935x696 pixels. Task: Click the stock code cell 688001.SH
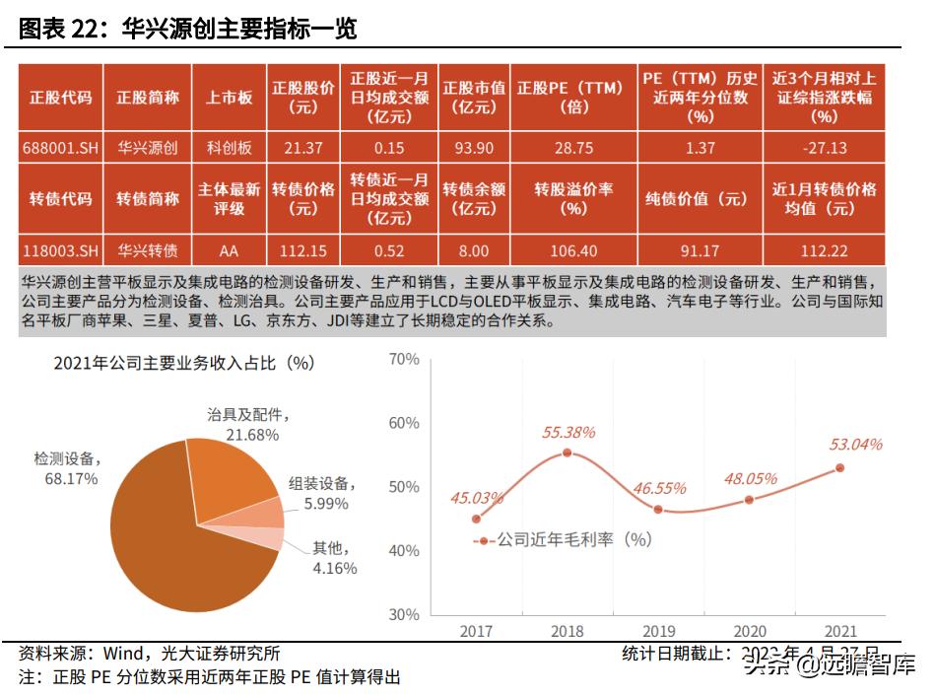click(x=59, y=147)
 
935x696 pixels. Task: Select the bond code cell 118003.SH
click(x=59, y=250)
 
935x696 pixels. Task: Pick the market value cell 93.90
click(x=473, y=147)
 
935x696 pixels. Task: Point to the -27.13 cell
click(x=824, y=147)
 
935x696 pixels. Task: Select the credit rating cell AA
click(x=229, y=250)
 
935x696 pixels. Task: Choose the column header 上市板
click(x=229, y=98)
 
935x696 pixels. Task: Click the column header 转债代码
click(x=59, y=198)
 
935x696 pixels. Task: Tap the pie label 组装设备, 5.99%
click(x=321, y=493)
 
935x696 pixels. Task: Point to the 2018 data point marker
click(x=567, y=452)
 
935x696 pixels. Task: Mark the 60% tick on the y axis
click(x=404, y=423)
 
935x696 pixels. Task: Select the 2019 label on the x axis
click(x=658, y=631)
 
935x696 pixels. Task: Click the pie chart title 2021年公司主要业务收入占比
click(x=183, y=363)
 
